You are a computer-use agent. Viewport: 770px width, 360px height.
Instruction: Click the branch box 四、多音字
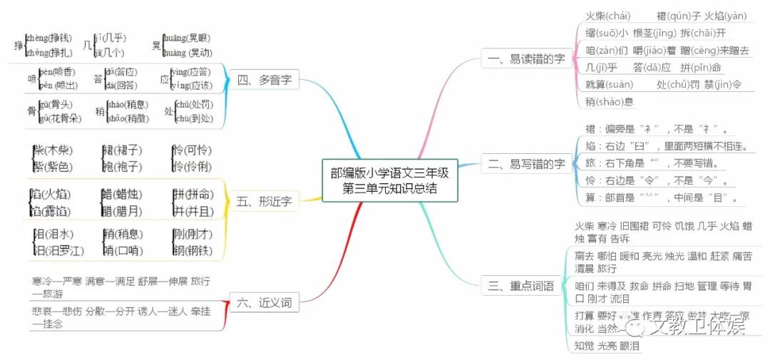(x=264, y=80)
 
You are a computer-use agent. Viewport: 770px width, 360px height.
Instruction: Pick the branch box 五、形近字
(x=263, y=202)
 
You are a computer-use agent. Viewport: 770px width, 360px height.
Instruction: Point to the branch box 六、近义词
(x=263, y=303)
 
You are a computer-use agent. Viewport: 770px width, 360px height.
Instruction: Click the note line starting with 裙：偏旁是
(x=656, y=130)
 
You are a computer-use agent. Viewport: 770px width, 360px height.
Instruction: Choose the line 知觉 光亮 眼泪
(x=607, y=346)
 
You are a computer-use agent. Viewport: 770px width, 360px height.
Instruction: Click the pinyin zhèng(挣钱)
(x=48, y=37)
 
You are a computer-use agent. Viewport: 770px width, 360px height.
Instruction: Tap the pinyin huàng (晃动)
(x=187, y=52)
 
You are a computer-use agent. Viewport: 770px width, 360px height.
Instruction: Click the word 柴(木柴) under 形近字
(x=52, y=151)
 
